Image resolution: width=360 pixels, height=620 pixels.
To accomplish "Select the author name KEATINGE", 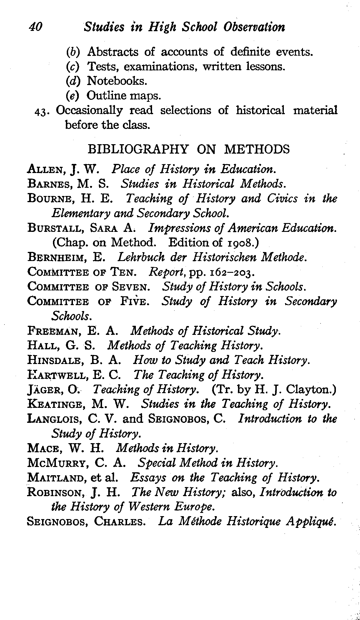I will click(x=54, y=405).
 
